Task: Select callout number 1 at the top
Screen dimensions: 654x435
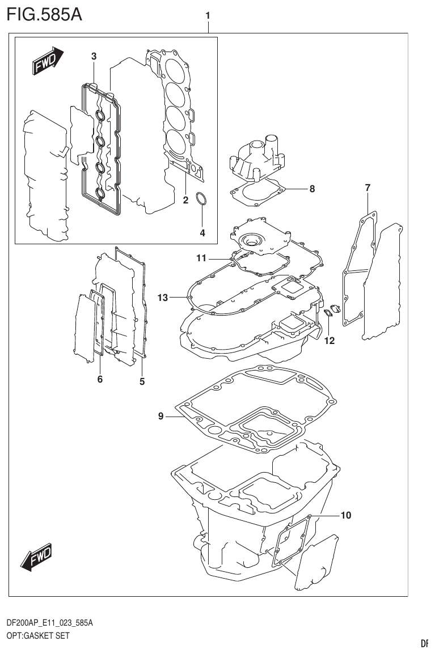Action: (208, 16)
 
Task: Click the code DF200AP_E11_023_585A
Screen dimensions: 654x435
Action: (49, 623)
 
